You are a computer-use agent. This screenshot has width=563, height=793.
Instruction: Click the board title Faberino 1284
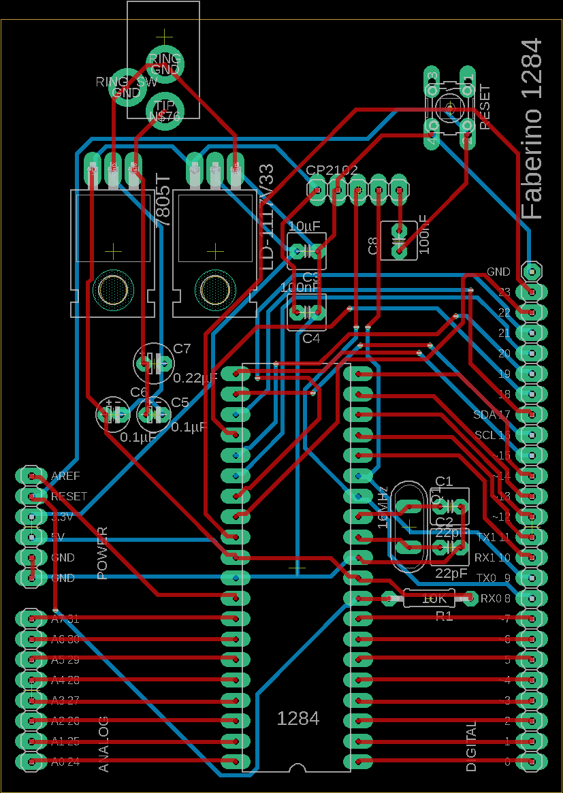tap(532, 129)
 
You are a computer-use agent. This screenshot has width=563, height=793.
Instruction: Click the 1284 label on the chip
tap(298, 718)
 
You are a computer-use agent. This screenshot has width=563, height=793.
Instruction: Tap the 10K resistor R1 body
tap(434, 599)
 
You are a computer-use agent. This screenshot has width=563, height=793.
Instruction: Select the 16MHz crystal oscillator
tap(409, 525)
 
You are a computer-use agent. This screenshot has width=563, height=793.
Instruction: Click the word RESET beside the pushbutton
tap(485, 108)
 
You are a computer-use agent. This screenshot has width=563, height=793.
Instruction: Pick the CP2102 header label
tap(332, 171)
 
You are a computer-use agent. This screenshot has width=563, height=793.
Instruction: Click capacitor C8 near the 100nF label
tap(399, 240)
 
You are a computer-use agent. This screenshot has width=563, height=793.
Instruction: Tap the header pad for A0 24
tap(31, 762)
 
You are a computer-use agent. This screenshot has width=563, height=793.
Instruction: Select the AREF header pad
tap(31, 475)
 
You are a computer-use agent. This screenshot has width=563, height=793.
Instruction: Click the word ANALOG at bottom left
tap(103, 743)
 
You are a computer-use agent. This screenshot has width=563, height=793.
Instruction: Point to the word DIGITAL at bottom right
tap(471, 746)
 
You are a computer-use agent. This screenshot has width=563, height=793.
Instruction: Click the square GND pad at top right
tap(532, 271)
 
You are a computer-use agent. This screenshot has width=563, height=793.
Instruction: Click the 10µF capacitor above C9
tap(306, 250)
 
